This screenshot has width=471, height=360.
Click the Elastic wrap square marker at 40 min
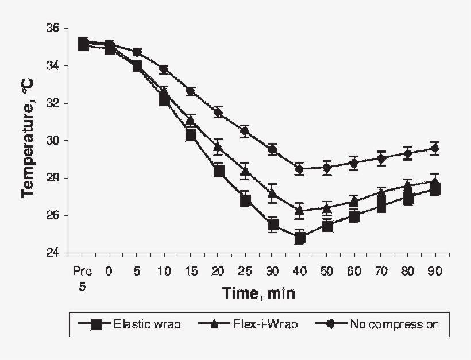coord(299,238)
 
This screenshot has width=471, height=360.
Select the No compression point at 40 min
coord(299,169)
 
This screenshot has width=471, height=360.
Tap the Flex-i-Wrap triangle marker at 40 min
coord(299,211)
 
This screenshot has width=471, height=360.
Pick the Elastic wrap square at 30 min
coord(273,225)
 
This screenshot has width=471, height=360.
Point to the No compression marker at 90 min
coord(435,149)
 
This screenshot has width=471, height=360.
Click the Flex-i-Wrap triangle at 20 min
coord(218,148)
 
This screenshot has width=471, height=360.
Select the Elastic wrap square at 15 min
coord(191,135)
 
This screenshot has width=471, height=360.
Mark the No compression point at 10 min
coord(164,70)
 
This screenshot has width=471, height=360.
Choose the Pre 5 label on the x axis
coord(82,276)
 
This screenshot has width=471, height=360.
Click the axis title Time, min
coord(258,294)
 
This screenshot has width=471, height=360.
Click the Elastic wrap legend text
coord(147,324)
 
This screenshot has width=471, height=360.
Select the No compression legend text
coord(394,324)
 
